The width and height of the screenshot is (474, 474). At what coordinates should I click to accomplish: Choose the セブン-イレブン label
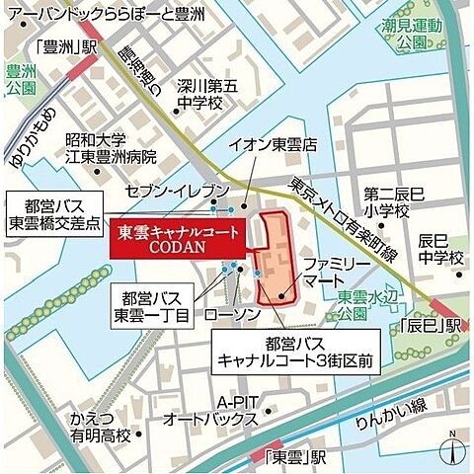pyautogui.click(x=190, y=189)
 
